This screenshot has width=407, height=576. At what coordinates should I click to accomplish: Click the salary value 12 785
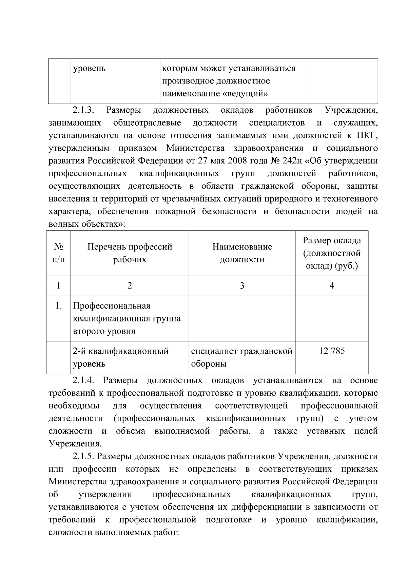pyautogui.click(x=332, y=351)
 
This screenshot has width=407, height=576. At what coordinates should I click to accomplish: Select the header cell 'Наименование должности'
pyautogui.click(x=242, y=253)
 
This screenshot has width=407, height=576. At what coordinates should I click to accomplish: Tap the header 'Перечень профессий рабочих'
pyautogui.click(x=130, y=253)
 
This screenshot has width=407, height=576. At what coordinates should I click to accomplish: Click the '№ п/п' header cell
pyautogui.click(x=58, y=253)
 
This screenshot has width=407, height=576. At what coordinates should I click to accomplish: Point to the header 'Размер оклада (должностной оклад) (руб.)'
pyautogui.click(x=332, y=253)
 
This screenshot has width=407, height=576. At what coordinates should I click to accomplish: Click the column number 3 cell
pyautogui.click(x=242, y=286)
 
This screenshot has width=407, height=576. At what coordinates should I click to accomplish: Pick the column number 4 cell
pyautogui.click(x=332, y=286)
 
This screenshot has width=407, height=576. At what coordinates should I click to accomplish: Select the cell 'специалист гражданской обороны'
pyautogui.click(x=241, y=357)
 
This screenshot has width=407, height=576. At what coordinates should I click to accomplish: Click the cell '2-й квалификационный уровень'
pyautogui.click(x=121, y=357)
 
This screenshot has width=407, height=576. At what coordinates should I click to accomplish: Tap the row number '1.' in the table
pyautogui.click(x=58, y=306)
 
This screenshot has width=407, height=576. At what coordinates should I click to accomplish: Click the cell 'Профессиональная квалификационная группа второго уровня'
pyautogui.click(x=127, y=318)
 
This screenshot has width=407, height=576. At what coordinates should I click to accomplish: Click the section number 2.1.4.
pyautogui.click(x=83, y=380)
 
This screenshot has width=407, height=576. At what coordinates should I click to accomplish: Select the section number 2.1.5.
pyautogui.click(x=83, y=457)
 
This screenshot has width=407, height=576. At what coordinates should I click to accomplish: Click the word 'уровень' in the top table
pyautogui.click(x=90, y=69)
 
